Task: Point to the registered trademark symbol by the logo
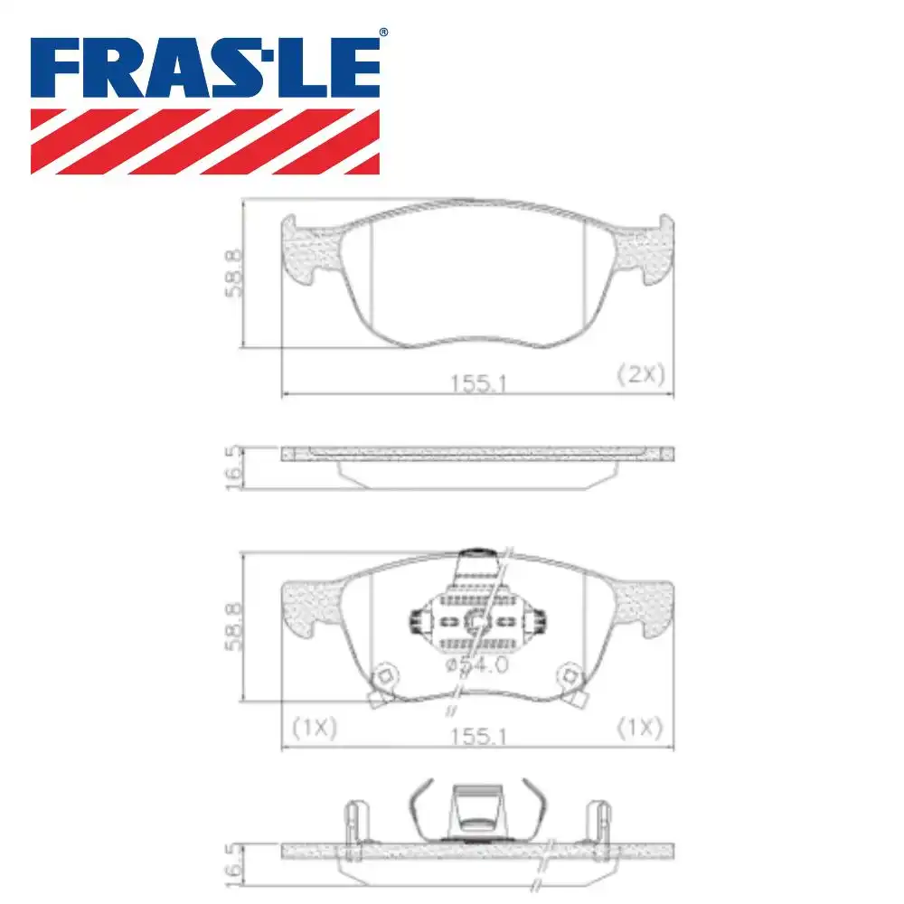(x=382, y=33)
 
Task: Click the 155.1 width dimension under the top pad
(x=476, y=383)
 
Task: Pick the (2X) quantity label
(x=641, y=373)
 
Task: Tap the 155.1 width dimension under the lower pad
(x=476, y=737)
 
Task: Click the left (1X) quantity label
(x=314, y=727)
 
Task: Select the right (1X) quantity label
(x=640, y=727)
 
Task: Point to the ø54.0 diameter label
(x=477, y=665)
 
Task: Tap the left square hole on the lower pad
(x=383, y=675)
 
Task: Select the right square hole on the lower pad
(x=570, y=675)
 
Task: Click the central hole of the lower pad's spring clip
(x=476, y=621)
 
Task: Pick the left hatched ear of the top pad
(x=312, y=250)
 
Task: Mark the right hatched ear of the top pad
(x=644, y=250)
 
